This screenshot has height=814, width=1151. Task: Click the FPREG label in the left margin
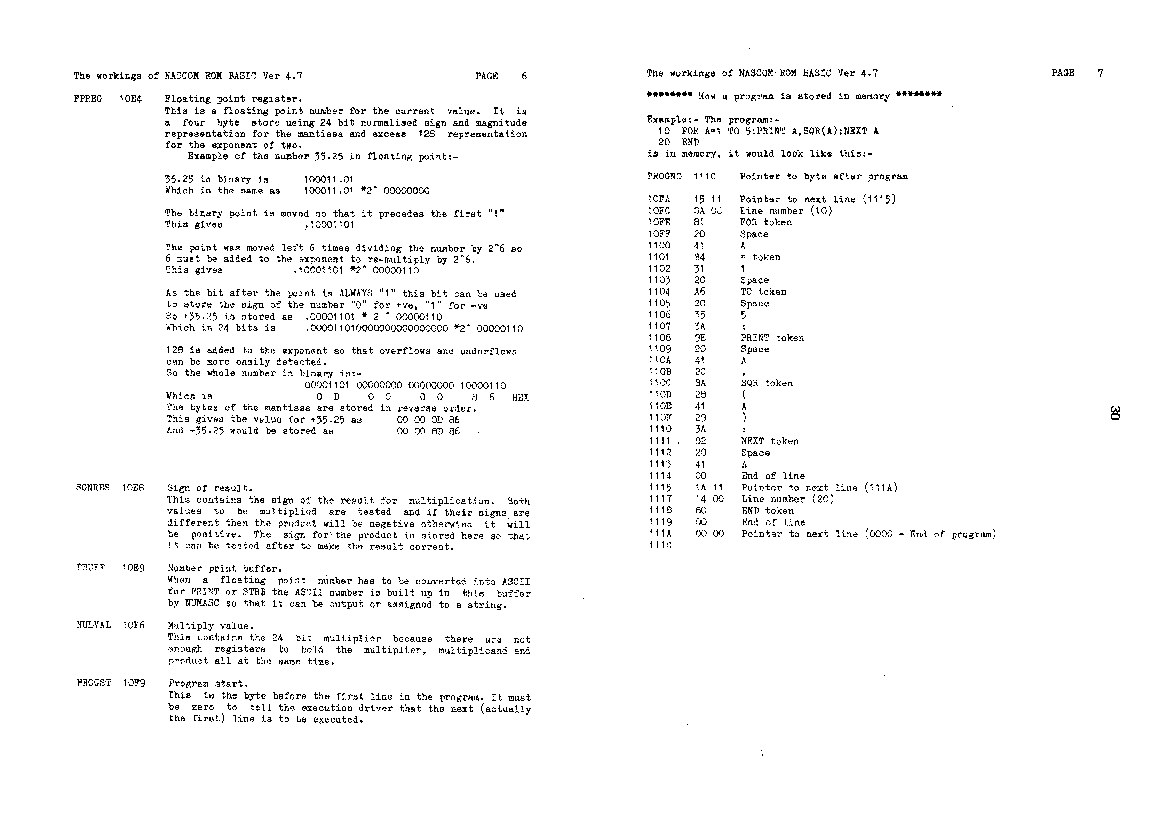pyautogui.click(x=87, y=99)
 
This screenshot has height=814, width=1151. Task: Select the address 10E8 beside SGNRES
pyautogui.click(x=133, y=488)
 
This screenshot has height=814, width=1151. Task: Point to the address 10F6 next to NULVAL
pyautogui.click(x=133, y=625)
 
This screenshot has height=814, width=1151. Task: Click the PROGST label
pyautogui.click(x=94, y=683)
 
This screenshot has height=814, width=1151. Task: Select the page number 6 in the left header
pyautogui.click(x=524, y=76)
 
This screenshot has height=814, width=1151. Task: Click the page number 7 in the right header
pyautogui.click(x=1100, y=73)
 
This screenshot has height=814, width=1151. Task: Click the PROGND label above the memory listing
pyautogui.click(x=664, y=176)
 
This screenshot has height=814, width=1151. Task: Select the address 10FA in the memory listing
pyautogui.click(x=658, y=199)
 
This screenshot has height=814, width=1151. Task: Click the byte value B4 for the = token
pyautogui.click(x=699, y=257)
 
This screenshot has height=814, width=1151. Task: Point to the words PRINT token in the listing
pyautogui.click(x=772, y=338)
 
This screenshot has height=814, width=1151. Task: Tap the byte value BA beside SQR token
pyautogui.click(x=700, y=383)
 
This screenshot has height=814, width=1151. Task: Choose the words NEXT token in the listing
pyautogui.click(x=770, y=441)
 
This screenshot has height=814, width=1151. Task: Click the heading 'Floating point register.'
pyautogui.click(x=233, y=99)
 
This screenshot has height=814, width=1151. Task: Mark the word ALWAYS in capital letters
pyautogui.click(x=356, y=294)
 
